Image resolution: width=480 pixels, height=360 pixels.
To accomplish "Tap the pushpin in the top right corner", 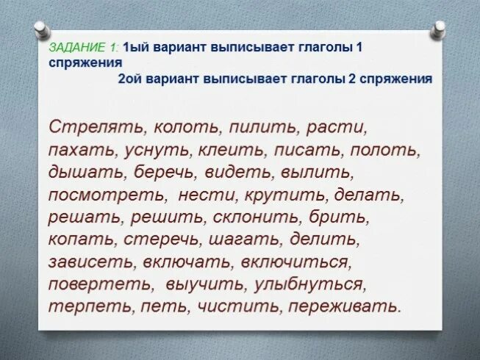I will tap(440, 30).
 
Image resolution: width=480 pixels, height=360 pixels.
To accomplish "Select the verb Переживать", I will tap(345, 306).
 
